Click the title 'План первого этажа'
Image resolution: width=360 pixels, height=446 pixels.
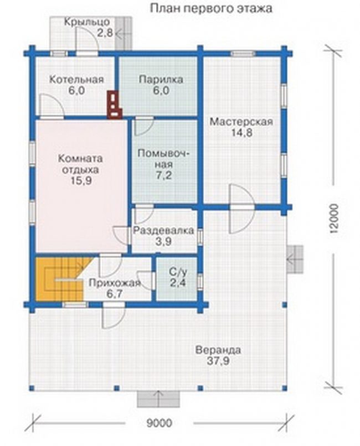210,8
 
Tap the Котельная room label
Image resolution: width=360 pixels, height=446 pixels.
76,79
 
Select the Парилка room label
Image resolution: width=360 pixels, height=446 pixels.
161,80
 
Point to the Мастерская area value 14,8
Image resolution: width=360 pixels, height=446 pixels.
241,133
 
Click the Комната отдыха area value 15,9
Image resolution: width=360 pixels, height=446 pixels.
81,181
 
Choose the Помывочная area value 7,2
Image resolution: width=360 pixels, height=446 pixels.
163,175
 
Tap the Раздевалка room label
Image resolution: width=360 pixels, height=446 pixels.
163,230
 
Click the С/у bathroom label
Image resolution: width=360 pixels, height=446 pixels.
178,273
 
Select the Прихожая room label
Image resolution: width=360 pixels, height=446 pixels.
115,283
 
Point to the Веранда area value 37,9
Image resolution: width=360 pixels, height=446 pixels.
218,361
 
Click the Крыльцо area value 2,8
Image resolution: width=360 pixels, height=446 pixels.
105,33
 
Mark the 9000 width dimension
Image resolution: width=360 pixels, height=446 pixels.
160,423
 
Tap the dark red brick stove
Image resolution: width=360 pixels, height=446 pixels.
115,105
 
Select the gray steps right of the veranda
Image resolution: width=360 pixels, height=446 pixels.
295,260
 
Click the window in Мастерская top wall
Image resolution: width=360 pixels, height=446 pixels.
243,54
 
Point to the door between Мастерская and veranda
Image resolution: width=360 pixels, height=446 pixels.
242,208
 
